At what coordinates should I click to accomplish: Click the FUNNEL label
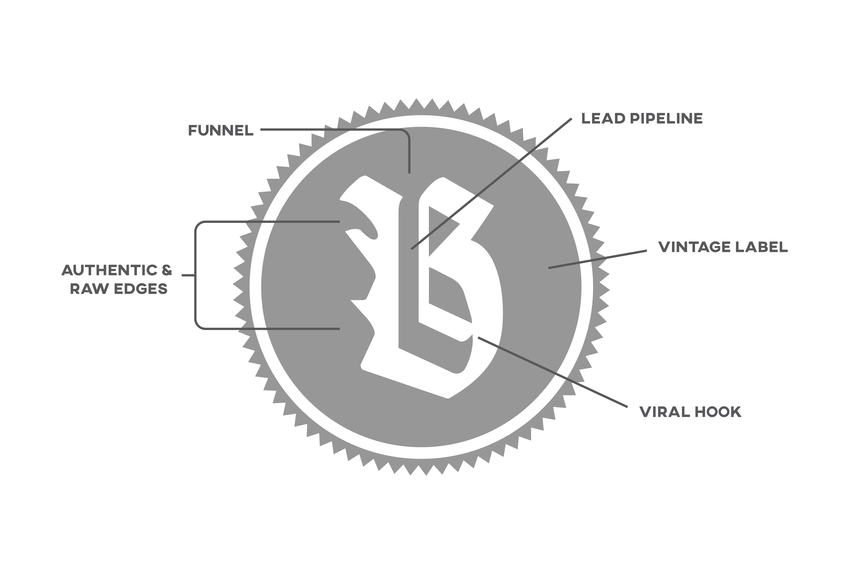[221, 130]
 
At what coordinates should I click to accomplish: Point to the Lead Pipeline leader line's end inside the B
[412, 249]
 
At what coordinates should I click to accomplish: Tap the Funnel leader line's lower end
[409, 172]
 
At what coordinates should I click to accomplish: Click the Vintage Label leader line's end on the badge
[549, 268]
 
